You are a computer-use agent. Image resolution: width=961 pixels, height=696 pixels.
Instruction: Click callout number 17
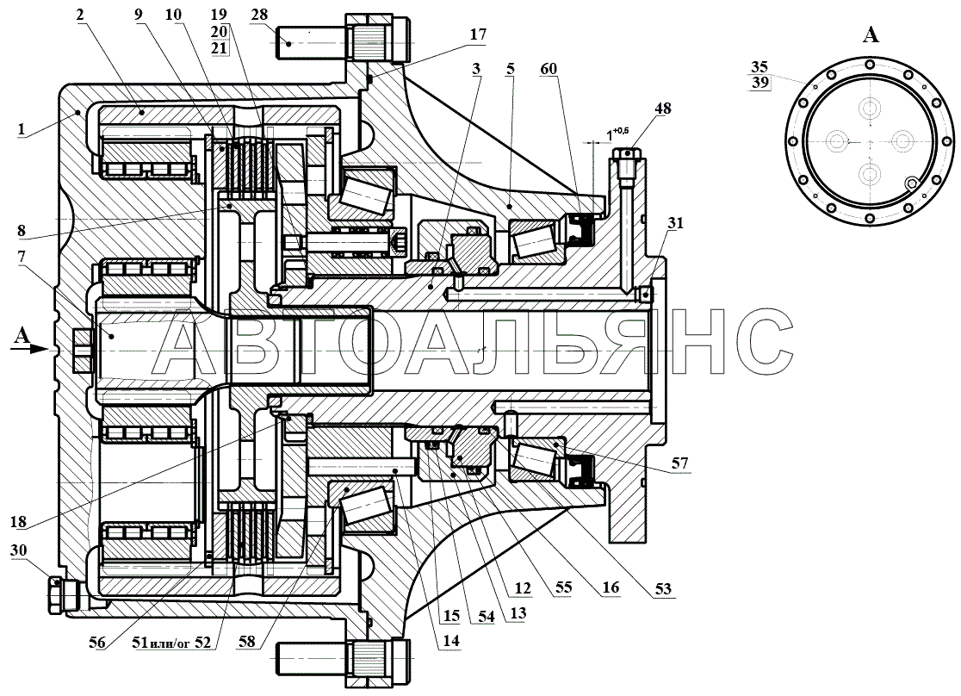(477, 34)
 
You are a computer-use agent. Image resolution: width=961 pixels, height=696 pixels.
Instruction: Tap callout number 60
(549, 69)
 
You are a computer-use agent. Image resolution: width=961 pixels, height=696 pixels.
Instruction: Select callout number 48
(662, 109)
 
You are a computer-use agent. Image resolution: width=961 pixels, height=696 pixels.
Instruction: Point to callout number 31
(675, 224)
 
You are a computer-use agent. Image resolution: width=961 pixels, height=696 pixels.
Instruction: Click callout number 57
(679, 463)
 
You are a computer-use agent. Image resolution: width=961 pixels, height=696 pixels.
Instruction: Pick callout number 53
(663, 590)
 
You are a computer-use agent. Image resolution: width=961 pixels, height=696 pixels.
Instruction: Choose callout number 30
(18, 550)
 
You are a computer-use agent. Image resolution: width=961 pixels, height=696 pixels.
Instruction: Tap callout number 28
(259, 14)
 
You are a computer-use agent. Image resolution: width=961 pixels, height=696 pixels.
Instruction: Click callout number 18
(18, 522)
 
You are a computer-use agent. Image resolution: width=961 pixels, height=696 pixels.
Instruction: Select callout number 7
(22, 257)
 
